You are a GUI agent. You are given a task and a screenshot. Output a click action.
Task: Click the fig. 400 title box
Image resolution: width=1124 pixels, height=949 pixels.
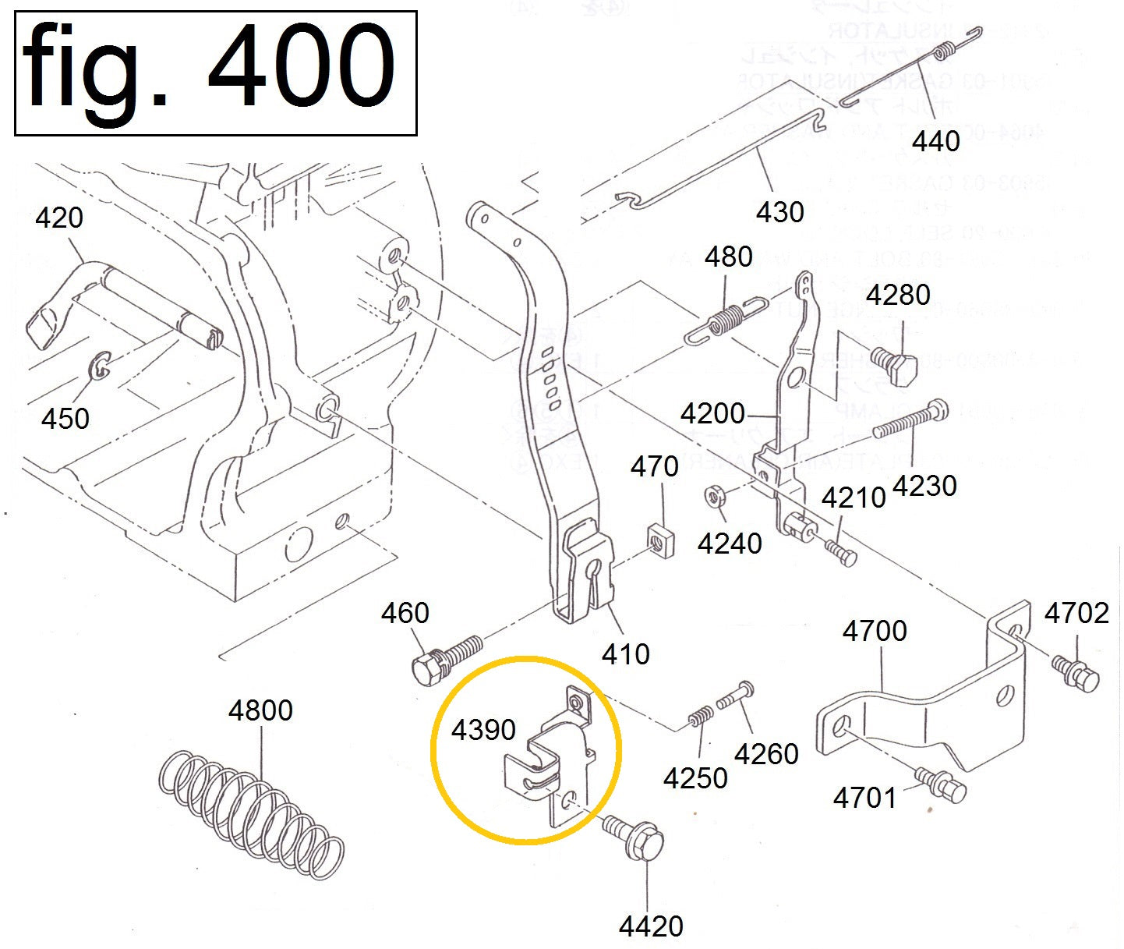216,73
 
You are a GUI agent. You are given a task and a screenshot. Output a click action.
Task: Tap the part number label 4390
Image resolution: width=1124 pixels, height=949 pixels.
483,730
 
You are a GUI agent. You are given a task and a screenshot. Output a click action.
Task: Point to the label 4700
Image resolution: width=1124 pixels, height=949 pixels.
875,630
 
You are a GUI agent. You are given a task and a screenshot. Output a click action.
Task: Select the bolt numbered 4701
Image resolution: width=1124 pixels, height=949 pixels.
943,785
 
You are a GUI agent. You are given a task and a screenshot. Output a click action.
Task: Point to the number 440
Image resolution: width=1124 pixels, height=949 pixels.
935,141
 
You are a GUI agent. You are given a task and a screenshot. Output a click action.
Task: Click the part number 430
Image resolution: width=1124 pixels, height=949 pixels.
779,211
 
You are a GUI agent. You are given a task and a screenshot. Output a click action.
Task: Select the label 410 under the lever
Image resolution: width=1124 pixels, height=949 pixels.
625,653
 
